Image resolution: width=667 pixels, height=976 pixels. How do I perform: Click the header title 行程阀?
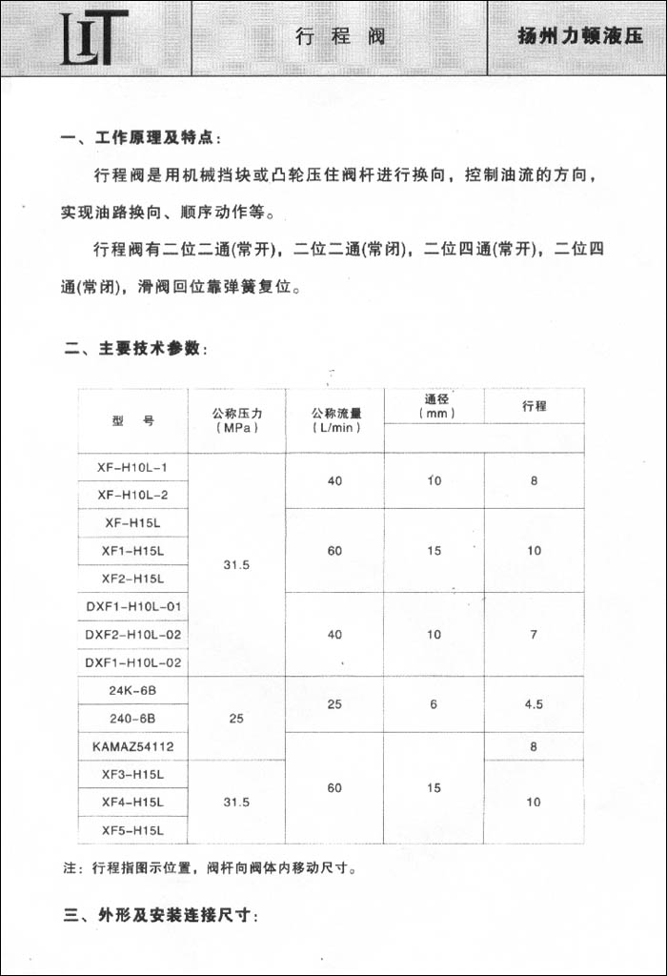tap(340, 37)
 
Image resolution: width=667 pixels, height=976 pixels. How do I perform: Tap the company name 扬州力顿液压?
tap(579, 37)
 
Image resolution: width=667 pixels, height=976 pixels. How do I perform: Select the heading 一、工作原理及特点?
tap(140, 138)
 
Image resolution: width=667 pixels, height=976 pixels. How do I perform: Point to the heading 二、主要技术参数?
tap(135, 349)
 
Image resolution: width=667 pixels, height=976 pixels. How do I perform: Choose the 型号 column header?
tap(132, 420)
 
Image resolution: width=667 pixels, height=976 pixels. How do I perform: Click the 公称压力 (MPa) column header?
tap(236, 420)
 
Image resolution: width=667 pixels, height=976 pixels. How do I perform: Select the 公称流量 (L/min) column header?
tap(335, 420)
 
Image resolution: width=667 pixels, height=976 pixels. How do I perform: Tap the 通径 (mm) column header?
tap(435, 406)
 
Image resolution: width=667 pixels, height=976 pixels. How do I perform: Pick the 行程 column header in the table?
tap(535, 406)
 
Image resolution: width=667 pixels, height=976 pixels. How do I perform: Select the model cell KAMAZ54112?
tap(133, 746)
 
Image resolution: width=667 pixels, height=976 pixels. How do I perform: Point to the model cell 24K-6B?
tap(132, 690)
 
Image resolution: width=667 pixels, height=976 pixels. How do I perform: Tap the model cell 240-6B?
tap(132, 718)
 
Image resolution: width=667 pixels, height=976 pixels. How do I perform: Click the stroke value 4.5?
tap(535, 703)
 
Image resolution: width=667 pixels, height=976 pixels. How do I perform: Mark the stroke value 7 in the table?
tap(535, 634)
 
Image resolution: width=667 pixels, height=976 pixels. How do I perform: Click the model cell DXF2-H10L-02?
tap(132, 634)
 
